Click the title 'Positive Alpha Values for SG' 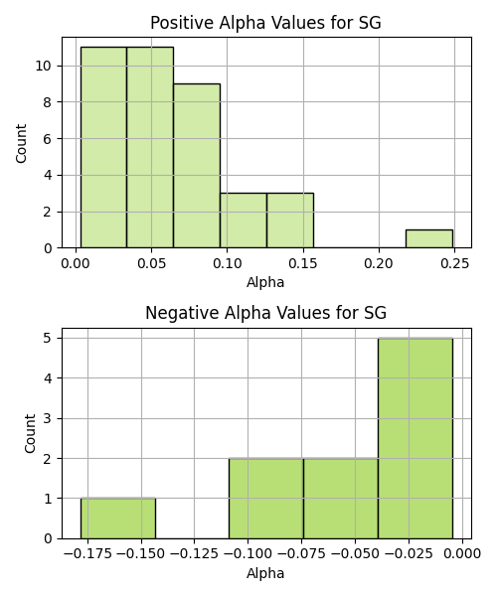(x=265, y=23)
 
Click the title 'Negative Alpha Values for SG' (x=265, y=313)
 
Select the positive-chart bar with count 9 (x=197, y=166)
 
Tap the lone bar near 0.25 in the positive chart (x=429, y=238)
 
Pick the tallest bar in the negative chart (x=415, y=438)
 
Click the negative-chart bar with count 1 (x=118, y=519)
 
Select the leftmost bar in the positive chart (x=103, y=147)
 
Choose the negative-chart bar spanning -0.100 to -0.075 (x=266, y=499)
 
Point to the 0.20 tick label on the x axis (x=379, y=263)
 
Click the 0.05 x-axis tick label (x=152, y=263)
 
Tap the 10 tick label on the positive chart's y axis (x=44, y=66)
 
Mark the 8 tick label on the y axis (x=47, y=102)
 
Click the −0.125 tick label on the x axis (x=194, y=554)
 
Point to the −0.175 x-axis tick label (x=87, y=554)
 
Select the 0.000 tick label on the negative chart (x=462, y=554)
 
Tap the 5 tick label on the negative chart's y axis (x=48, y=338)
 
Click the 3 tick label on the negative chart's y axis (x=48, y=418)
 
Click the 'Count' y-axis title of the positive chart (x=21, y=143)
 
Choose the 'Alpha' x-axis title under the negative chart (x=265, y=573)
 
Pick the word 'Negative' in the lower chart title (x=183, y=313)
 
